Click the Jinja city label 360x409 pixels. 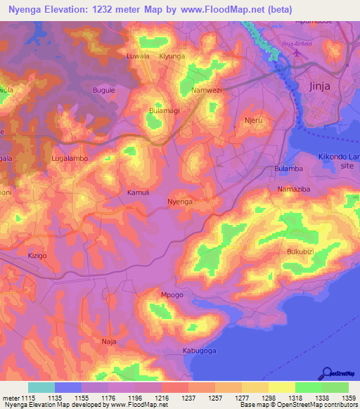[319, 86]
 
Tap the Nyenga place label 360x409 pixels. [181, 202]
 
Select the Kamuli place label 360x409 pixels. [138, 192]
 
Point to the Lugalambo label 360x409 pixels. [70, 159]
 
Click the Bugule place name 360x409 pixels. [104, 91]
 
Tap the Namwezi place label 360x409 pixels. [207, 91]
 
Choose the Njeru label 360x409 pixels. [252, 120]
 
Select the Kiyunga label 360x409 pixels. [172, 56]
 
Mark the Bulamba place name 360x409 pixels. [288, 169]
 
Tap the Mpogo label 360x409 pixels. [172, 294]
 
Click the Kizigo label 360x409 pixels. [37, 256]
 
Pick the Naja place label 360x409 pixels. [109, 341]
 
